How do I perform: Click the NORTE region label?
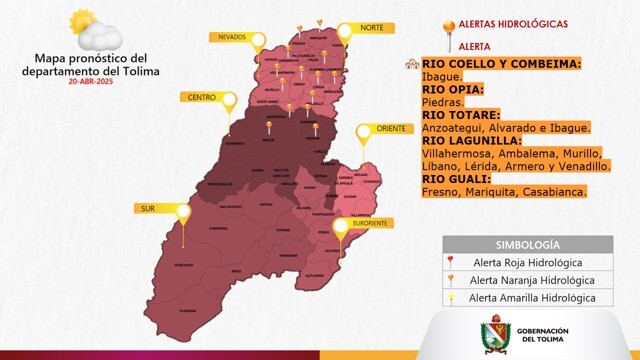(x=372, y=28)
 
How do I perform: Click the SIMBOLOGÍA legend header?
(x=527, y=244)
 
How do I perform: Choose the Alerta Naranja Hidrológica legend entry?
(x=531, y=280)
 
